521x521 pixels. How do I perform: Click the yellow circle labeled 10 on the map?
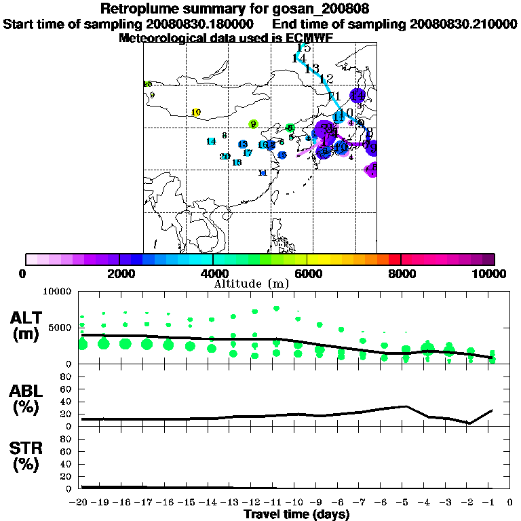[196, 113]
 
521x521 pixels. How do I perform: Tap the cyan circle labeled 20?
[225, 157]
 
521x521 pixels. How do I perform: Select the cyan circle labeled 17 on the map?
[248, 153]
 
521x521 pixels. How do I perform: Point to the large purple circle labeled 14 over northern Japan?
[357, 96]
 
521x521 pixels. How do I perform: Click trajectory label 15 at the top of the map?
[304, 47]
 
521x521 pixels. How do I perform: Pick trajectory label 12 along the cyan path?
[326, 79]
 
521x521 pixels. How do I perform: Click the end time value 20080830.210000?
[464, 24]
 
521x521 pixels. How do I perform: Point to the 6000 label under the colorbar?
[307, 273]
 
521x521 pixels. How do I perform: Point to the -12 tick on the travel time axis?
[253, 503]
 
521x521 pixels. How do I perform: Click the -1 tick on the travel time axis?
[490, 503]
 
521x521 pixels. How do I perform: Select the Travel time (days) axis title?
[296, 515]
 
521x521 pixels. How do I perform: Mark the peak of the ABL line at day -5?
[406, 406]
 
